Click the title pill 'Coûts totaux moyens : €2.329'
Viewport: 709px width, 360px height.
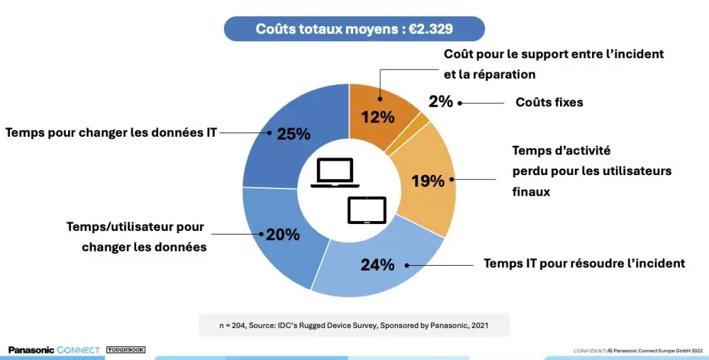click(354, 29)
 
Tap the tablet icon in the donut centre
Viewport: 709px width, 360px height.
click(367, 210)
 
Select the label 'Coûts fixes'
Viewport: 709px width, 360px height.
click(549, 102)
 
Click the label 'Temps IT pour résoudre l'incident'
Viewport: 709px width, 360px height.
click(584, 264)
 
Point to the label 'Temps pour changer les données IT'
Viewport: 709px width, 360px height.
click(111, 132)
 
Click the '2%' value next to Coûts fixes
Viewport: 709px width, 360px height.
click(440, 101)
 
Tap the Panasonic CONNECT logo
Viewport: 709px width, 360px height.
click(54, 350)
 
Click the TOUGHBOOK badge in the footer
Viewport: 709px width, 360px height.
click(125, 350)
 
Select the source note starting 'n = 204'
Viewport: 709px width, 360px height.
click(354, 325)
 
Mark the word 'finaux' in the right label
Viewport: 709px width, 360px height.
click(531, 191)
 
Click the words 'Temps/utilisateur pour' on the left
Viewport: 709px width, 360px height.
click(135, 227)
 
